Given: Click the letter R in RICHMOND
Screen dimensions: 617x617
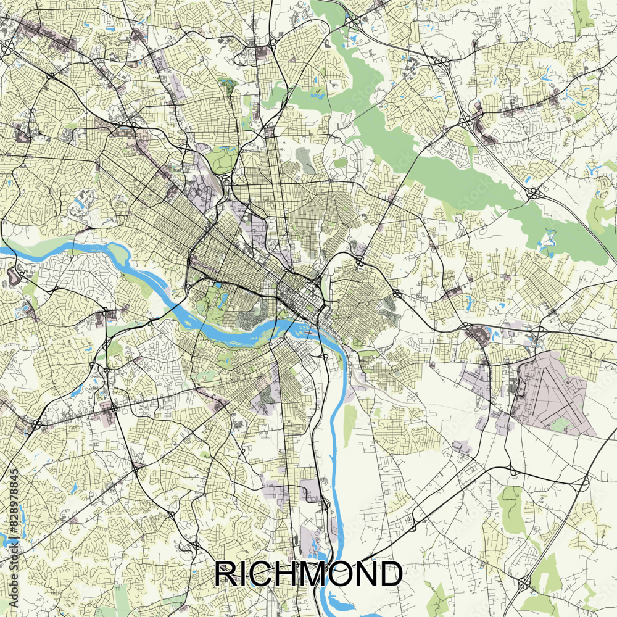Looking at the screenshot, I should (226, 574).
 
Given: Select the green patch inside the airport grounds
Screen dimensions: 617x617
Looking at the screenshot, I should (560, 424).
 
